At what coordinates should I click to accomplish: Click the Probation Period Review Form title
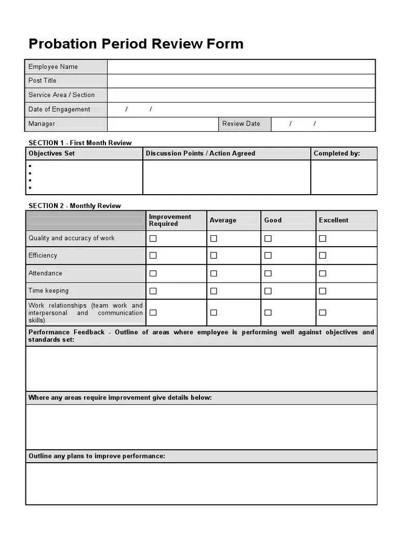point(136,44)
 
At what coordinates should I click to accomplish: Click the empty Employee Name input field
point(241,67)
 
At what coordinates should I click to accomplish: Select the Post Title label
point(43,81)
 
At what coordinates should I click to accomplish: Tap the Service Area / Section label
point(61,95)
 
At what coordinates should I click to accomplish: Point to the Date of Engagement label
point(59,109)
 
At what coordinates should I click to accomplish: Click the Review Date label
point(241,124)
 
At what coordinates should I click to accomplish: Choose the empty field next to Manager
point(163,124)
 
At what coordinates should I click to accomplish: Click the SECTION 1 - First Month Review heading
point(80,143)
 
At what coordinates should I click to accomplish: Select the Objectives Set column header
point(51,154)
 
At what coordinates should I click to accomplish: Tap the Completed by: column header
point(337,154)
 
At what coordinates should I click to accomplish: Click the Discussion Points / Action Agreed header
point(201,154)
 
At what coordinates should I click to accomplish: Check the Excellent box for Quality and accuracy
point(323,238)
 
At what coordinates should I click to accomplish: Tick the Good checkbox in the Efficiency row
point(268,256)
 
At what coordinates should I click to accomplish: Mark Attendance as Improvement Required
point(153,273)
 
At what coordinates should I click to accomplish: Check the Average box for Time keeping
point(214,291)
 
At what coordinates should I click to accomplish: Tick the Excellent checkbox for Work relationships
point(323,313)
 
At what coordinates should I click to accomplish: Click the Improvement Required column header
point(170,220)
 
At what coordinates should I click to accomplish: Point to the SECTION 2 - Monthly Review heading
point(74,206)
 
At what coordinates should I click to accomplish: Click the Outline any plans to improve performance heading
point(97,456)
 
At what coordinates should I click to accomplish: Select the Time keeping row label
point(48,291)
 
